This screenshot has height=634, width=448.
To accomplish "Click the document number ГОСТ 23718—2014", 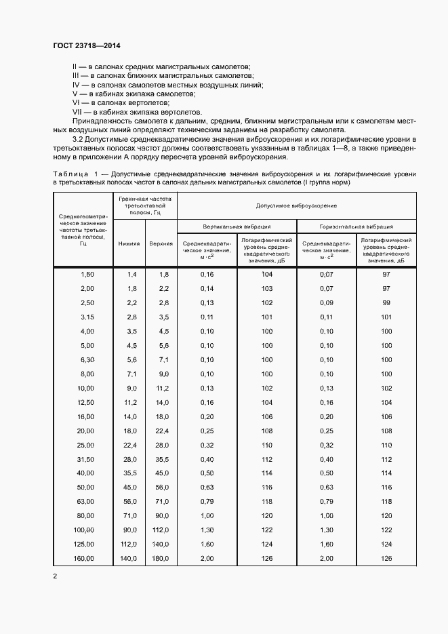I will click(x=86, y=46).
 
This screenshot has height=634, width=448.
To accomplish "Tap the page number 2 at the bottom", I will click(x=55, y=576).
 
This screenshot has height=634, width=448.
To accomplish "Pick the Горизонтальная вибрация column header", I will click(x=357, y=226).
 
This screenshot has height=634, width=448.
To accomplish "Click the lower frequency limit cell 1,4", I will click(x=132, y=274).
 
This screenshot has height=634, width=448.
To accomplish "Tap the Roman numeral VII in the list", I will click(x=79, y=113).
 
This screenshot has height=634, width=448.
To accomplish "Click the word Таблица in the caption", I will click(x=70, y=174).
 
